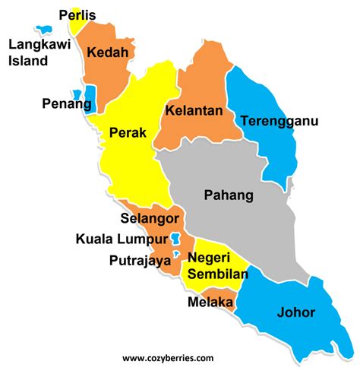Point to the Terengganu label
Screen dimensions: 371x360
click(x=279, y=120)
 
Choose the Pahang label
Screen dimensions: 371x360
click(x=229, y=195)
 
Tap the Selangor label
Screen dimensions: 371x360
click(x=147, y=219)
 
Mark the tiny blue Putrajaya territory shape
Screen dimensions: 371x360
click(x=176, y=255)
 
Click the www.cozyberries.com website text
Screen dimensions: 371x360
click(x=168, y=357)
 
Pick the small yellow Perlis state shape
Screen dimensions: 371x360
click(x=74, y=24)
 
